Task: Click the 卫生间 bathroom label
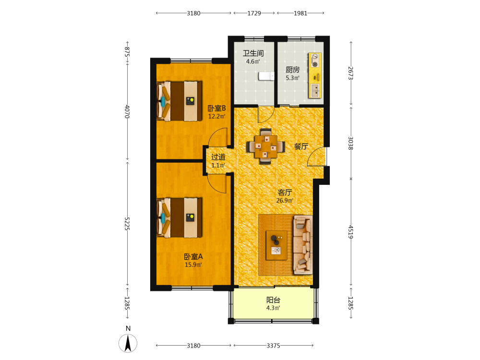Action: click(x=253, y=53)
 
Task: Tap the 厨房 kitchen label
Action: click(x=293, y=70)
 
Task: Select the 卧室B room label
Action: click(x=217, y=108)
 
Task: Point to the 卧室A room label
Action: click(x=193, y=256)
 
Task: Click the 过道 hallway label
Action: click(x=218, y=157)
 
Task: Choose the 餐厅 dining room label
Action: click(x=301, y=146)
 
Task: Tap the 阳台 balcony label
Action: click(x=273, y=300)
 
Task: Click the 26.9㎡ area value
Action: click(x=285, y=201)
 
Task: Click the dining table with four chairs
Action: click(x=266, y=146)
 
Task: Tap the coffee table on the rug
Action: click(x=276, y=245)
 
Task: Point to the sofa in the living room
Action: click(x=303, y=245)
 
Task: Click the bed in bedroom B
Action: click(x=180, y=101)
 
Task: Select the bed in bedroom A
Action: click(x=180, y=217)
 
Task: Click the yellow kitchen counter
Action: click(x=315, y=76)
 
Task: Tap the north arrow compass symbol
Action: click(x=128, y=343)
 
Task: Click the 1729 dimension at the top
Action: click(x=254, y=13)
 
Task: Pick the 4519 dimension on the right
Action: click(x=351, y=232)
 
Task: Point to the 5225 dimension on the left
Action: click(x=127, y=224)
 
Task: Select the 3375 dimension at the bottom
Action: click(x=274, y=346)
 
